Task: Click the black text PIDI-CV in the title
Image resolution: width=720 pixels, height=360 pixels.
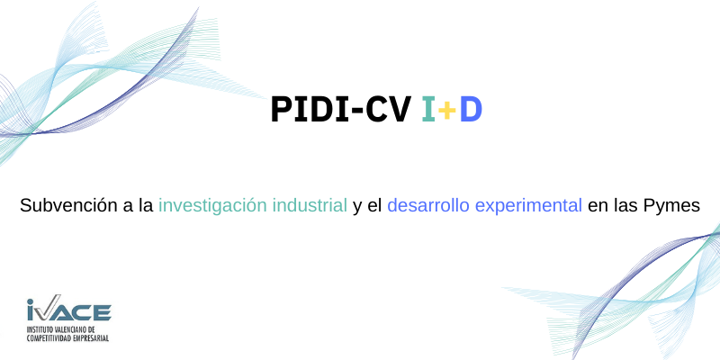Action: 339,109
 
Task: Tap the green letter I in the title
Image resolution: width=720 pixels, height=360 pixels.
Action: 428,109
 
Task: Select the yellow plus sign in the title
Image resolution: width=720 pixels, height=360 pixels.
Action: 446,111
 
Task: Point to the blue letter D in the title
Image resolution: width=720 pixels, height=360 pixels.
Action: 471,109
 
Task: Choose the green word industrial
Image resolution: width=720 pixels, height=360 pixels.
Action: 310,206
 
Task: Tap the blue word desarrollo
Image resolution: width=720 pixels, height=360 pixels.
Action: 428,206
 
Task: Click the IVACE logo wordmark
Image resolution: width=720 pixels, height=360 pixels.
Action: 69,308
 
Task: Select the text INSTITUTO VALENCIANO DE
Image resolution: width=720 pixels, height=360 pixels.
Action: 60,329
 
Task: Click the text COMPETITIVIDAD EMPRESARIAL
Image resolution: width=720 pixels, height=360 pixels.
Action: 68,338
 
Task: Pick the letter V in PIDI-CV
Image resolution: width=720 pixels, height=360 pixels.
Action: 397,109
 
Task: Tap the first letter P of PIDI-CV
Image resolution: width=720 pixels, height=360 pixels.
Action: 281,109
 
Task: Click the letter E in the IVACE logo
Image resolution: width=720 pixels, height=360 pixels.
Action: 102,312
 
